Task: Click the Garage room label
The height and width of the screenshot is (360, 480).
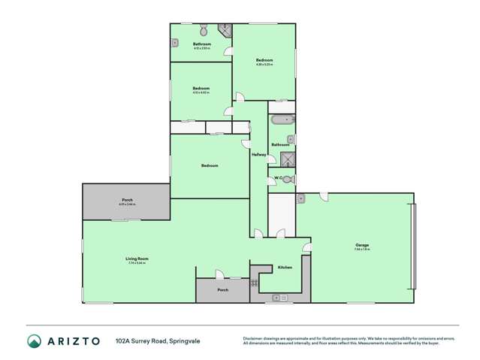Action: tap(363, 246)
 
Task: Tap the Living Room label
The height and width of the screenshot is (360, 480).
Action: tap(137, 260)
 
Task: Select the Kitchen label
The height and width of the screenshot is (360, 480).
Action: tap(285, 268)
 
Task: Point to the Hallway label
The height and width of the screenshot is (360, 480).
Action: tap(259, 155)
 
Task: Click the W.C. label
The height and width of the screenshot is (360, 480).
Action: tap(277, 178)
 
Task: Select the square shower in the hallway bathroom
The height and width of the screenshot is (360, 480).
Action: tap(287, 159)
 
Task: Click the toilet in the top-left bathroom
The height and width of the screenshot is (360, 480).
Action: tap(204, 31)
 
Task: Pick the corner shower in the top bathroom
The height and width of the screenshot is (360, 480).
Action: tap(224, 30)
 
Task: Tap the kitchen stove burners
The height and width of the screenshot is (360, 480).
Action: tap(255, 283)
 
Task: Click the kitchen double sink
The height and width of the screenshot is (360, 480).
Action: tap(279, 298)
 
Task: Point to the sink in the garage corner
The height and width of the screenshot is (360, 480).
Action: tap(300, 198)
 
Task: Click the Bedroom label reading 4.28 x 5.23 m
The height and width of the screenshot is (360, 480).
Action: tap(264, 61)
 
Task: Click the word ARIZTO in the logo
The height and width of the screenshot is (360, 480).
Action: tap(75, 340)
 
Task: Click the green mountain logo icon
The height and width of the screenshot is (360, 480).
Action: tap(35, 340)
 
